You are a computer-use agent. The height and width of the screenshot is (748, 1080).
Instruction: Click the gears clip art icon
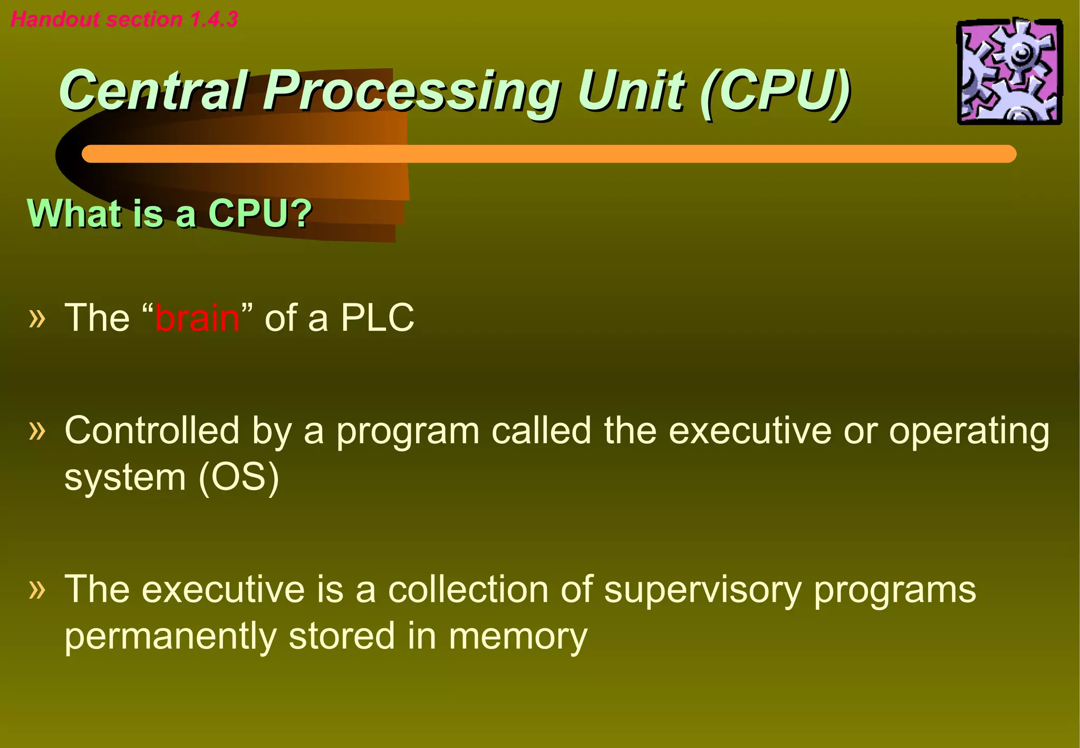click(x=1009, y=72)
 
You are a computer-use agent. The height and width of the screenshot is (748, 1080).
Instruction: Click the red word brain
click(x=197, y=318)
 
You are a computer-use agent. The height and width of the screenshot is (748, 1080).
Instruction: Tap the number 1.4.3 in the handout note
click(x=214, y=20)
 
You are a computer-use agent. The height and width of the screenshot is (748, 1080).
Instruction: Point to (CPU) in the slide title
click(x=775, y=91)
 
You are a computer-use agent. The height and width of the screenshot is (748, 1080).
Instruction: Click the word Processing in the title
click(x=411, y=91)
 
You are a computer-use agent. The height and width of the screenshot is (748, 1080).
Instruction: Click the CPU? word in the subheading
click(x=260, y=213)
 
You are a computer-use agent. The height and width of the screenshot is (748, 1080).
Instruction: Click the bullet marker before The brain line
click(x=37, y=318)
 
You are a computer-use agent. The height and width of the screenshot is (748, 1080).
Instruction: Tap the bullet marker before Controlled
click(x=37, y=430)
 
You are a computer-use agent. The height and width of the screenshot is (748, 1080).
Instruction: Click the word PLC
click(x=377, y=318)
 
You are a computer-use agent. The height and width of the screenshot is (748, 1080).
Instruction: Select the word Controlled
click(x=152, y=430)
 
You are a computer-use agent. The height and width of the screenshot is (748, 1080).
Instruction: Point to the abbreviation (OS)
click(x=238, y=477)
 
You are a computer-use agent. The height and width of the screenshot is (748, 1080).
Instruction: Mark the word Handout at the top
click(x=55, y=20)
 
